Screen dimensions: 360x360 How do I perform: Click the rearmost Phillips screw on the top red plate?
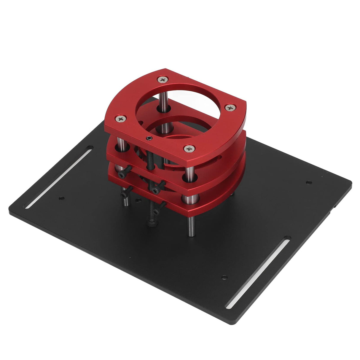click(163, 79)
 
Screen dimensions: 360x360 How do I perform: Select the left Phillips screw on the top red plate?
click(121, 119)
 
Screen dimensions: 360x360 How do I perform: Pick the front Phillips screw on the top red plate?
click(189, 148)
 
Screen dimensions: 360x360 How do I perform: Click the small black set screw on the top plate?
click(148, 138)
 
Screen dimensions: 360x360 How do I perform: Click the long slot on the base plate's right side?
click(258, 272)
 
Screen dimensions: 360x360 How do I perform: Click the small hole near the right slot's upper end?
click(224, 278)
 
